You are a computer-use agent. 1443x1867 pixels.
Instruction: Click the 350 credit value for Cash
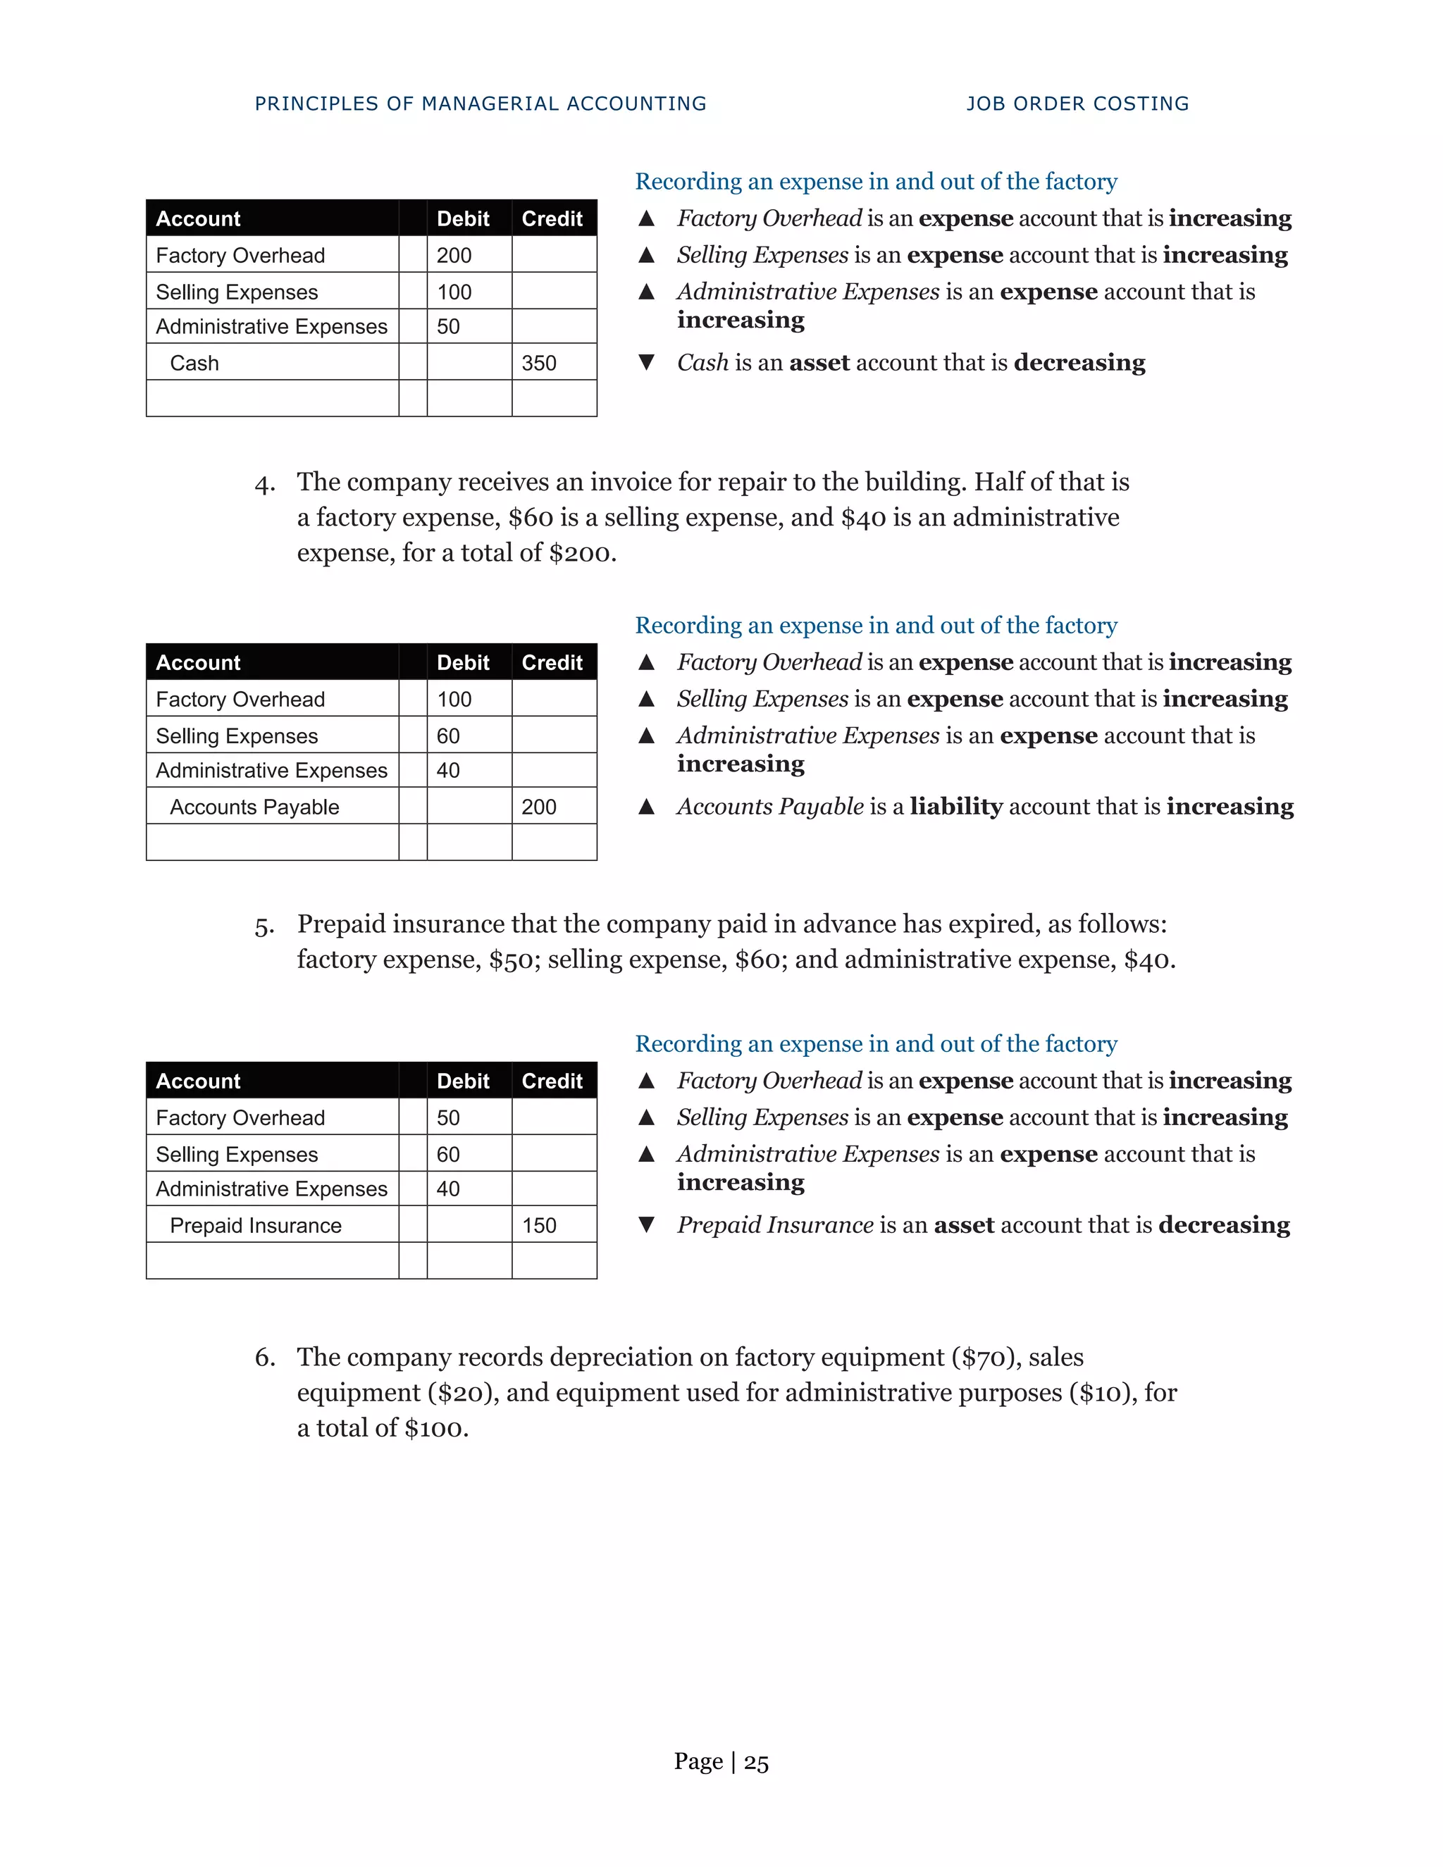[x=538, y=364]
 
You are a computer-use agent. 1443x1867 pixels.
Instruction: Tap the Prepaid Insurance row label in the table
[x=255, y=1225]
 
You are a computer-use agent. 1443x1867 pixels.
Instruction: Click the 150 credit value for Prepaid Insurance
[x=538, y=1225]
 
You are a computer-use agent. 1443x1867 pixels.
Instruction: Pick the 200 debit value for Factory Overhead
[x=454, y=256]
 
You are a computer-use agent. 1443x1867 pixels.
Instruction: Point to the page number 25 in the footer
[x=756, y=1762]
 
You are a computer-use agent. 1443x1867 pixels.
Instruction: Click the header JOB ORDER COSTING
[x=1077, y=104]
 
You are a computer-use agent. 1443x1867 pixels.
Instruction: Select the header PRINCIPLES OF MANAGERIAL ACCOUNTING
[x=481, y=104]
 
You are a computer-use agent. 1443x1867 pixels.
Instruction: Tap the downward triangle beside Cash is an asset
[x=646, y=362]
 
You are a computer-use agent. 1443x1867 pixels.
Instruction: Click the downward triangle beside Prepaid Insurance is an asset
[x=646, y=1225]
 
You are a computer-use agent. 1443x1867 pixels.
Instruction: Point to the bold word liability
[x=955, y=806]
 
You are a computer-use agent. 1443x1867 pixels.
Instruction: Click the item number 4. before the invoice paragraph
[x=264, y=485]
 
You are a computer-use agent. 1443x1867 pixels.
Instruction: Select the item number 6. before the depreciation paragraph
[x=264, y=1358]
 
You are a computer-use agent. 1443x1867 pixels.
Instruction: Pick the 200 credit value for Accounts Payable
[x=538, y=807]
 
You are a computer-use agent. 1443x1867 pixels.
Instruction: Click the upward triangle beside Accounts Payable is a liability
[x=646, y=806]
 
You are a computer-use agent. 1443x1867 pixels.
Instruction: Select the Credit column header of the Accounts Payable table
[x=552, y=662]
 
